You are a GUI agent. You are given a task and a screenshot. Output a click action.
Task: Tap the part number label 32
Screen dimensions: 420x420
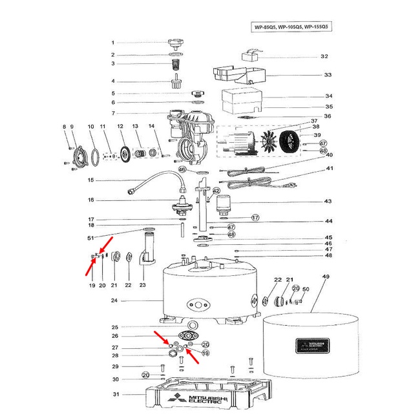pyautogui.click(x=324, y=56)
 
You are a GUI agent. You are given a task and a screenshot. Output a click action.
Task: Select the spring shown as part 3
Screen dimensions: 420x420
pyautogui.click(x=175, y=63)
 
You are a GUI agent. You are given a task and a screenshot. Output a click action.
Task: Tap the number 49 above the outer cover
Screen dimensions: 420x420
pyautogui.click(x=325, y=277)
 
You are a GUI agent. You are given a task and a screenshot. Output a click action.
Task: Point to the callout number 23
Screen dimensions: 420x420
pyautogui.click(x=143, y=285)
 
